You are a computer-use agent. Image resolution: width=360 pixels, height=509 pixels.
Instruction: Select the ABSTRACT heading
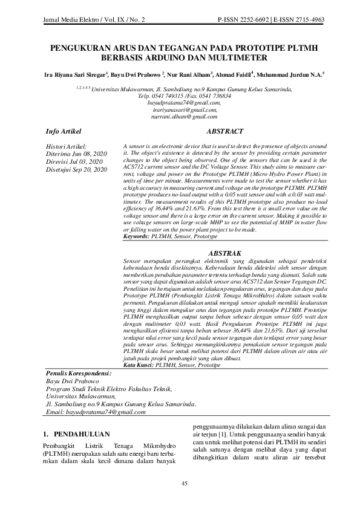(x=225, y=131)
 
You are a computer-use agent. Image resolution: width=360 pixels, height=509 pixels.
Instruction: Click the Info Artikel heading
(x=64, y=131)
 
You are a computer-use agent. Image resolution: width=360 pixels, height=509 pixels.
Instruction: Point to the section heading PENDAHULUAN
(x=82, y=434)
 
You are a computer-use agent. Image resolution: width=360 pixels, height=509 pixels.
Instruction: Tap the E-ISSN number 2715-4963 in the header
(x=307, y=20)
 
